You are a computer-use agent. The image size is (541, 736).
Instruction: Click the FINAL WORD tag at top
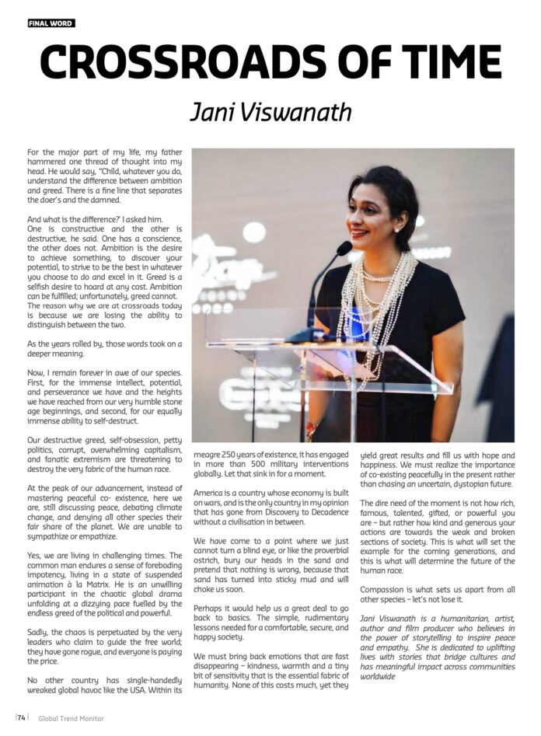point(51,23)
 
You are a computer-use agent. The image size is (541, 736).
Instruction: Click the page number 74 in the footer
point(22,718)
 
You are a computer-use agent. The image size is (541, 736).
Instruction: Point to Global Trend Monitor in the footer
point(71,718)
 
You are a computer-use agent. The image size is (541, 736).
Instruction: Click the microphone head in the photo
point(343,248)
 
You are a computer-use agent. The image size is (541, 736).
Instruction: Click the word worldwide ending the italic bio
point(379,676)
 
